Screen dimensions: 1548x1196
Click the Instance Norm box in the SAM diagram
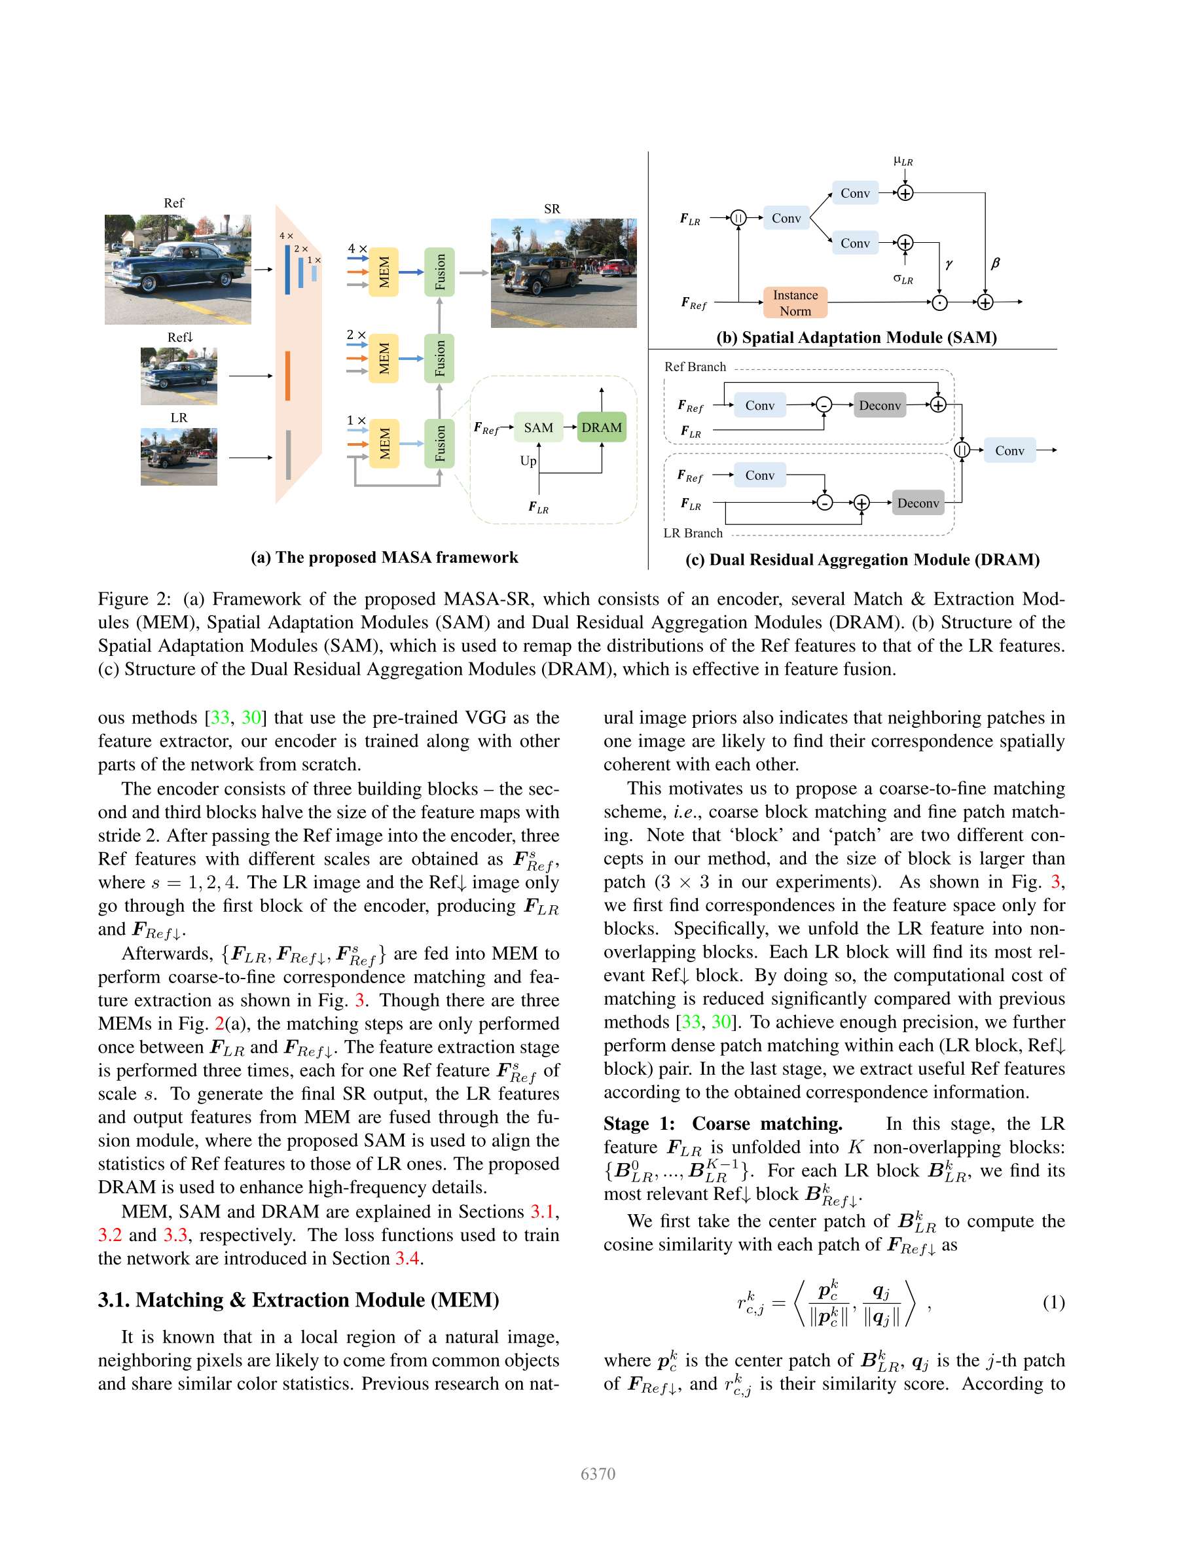(x=795, y=302)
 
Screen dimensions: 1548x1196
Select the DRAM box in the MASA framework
(x=601, y=427)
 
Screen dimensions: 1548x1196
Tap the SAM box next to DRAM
(x=538, y=427)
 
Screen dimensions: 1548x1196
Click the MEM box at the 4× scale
(x=384, y=272)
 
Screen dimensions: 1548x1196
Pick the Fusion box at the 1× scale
(x=439, y=444)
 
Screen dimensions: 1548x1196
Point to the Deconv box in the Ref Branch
(x=879, y=405)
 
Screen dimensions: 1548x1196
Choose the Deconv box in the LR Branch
(x=917, y=503)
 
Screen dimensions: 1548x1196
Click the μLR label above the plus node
(x=903, y=162)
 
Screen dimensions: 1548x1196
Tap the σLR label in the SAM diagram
(x=903, y=279)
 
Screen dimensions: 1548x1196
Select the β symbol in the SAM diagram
(x=994, y=263)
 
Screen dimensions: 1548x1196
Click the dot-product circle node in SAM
(x=939, y=302)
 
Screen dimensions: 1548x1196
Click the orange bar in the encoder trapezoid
(x=288, y=376)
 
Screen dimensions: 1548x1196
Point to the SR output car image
(x=564, y=273)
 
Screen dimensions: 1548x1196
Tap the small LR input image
(x=179, y=456)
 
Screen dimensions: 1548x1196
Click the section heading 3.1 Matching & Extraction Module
(x=299, y=1300)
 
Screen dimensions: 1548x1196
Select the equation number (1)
(x=1053, y=1303)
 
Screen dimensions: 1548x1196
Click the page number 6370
(x=598, y=1473)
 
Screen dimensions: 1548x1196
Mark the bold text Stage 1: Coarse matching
(x=723, y=1124)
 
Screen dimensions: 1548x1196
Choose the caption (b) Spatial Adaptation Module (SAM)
(x=856, y=337)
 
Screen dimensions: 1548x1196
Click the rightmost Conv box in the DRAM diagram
(x=1009, y=450)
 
